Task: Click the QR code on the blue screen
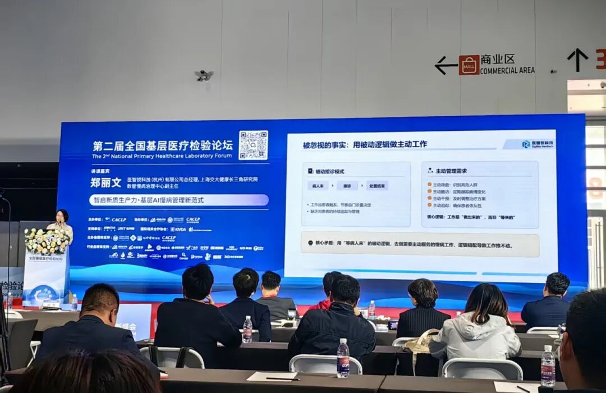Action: coord(253,145)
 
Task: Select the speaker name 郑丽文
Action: coord(105,182)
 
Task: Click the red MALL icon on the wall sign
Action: coord(469,65)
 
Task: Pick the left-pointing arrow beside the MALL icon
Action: coord(446,65)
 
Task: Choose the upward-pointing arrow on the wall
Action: coord(577,59)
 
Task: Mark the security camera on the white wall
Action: coord(204,75)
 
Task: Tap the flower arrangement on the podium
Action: coord(47,241)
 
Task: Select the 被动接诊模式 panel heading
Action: coord(329,171)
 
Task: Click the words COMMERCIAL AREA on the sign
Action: coord(507,71)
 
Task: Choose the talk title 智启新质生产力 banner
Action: coord(178,200)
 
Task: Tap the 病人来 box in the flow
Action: coord(318,186)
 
